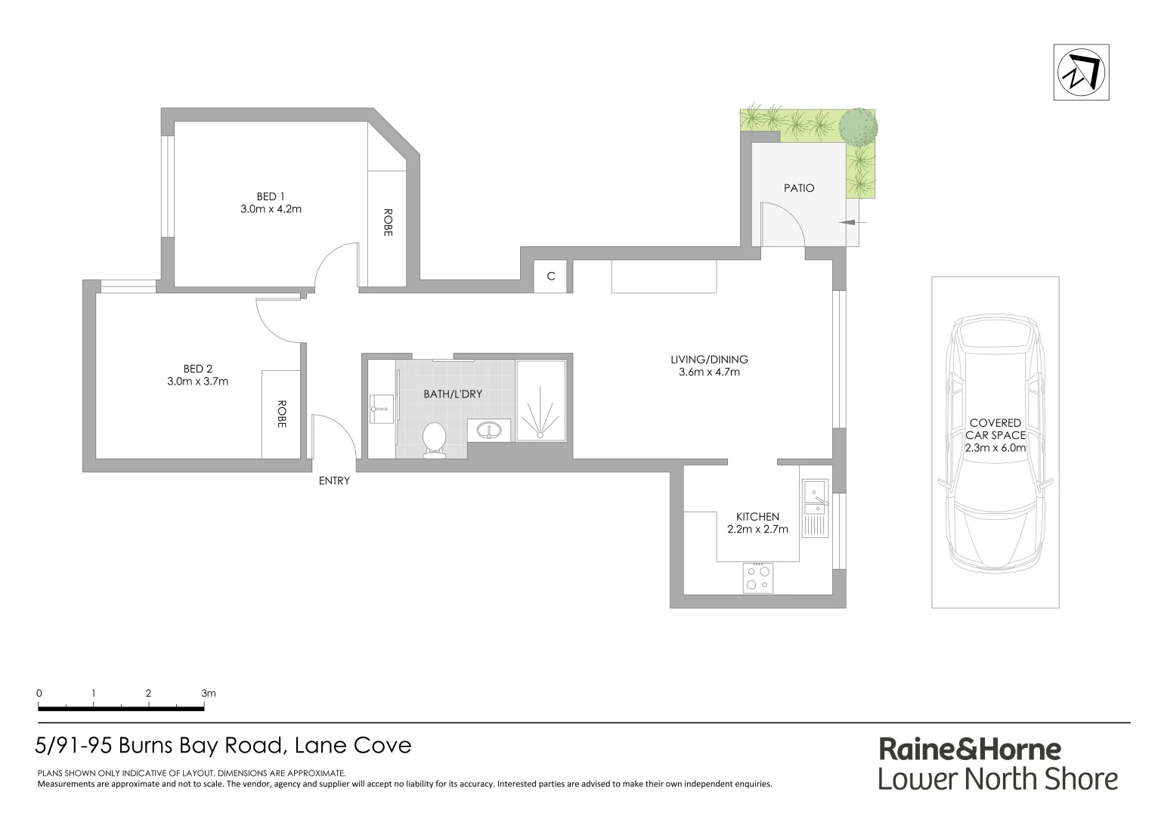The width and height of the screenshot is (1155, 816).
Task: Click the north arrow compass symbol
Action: pyautogui.click(x=1082, y=73)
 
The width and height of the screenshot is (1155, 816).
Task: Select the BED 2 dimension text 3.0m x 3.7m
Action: pyautogui.click(x=197, y=382)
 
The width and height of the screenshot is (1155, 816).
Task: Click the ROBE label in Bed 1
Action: pyautogui.click(x=388, y=223)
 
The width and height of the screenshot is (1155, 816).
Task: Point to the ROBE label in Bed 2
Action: pyautogui.click(x=281, y=414)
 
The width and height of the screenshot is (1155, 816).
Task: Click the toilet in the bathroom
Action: pyautogui.click(x=434, y=440)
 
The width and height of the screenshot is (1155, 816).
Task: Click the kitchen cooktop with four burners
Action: pyautogui.click(x=758, y=578)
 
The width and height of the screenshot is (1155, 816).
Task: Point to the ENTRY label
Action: pyautogui.click(x=334, y=481)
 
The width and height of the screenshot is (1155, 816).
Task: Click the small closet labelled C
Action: pyautogui.click(x=551, y=277)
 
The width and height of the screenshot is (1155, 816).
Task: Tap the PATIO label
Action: pyautogui.click(x=799, y=188)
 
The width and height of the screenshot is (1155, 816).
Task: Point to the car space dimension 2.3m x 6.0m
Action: pyautogui.click(x=995, y=447)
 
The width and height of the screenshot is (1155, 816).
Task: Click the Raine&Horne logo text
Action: pyautogui.click(x=970, y=750)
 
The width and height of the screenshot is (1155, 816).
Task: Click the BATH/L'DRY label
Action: pyautogui.click(x=452, y=394)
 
